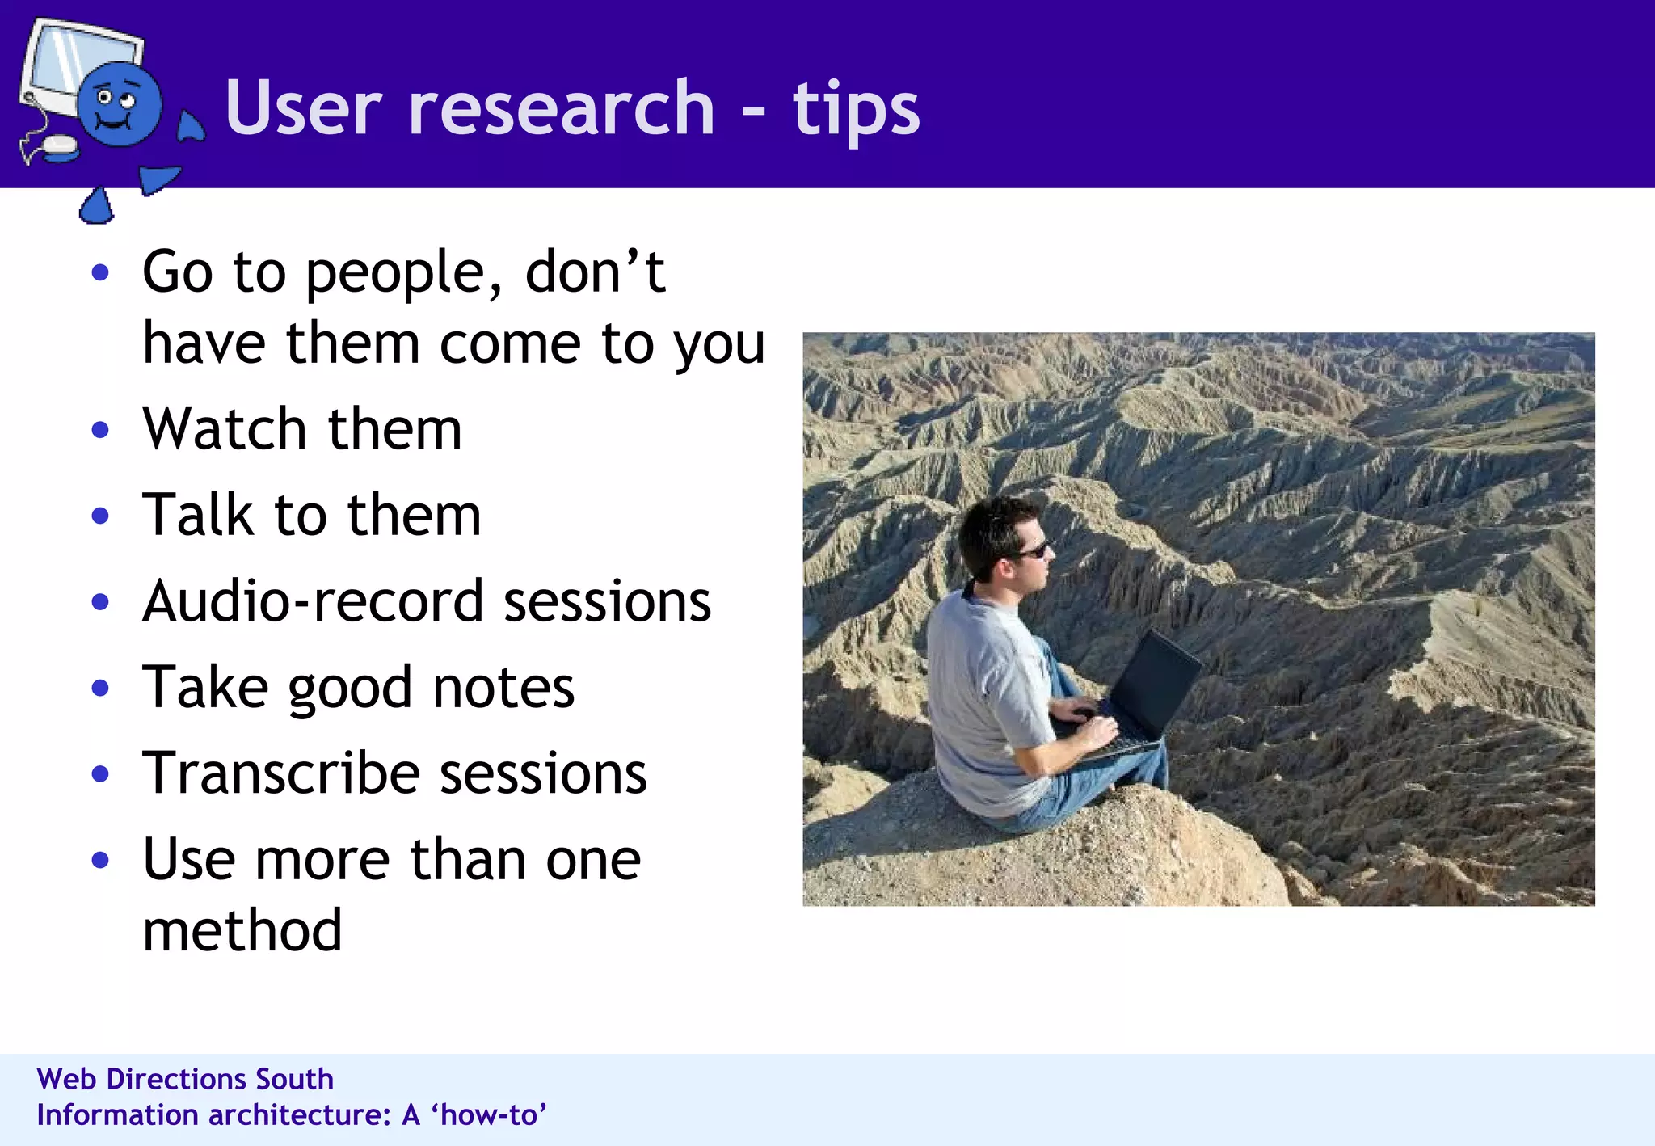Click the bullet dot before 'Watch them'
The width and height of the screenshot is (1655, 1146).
pos(100,429)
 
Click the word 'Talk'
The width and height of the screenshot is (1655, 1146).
pos(198,515)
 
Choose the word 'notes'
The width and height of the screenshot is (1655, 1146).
pos(503,688)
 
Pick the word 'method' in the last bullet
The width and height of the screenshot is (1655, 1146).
pos(242,931)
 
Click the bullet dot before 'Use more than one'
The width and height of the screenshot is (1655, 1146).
pos(100,860)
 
